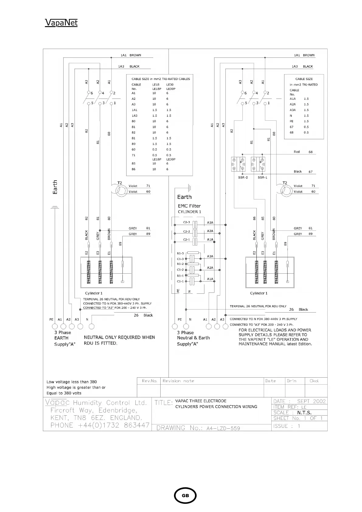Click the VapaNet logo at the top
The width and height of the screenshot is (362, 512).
61,23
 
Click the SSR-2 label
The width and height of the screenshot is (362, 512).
243,177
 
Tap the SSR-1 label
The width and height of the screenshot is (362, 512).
262,177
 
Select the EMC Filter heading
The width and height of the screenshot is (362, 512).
189,206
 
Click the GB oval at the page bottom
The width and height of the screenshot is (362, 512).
185,495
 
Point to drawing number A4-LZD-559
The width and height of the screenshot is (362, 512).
223,428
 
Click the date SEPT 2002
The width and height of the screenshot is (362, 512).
311,401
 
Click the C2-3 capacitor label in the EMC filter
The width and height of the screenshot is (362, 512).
186,222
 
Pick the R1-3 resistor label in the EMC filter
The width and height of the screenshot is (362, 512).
180,253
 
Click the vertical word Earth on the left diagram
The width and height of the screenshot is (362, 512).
55,187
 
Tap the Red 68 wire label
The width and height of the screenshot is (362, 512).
303,152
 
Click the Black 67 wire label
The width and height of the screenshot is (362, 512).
303,171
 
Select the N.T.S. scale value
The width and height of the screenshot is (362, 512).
304,413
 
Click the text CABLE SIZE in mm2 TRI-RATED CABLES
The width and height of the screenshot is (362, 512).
161,79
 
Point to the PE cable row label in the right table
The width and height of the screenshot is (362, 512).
291,121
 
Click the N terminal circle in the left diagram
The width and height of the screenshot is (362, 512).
91,327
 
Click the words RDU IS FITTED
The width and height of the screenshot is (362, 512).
100,343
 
